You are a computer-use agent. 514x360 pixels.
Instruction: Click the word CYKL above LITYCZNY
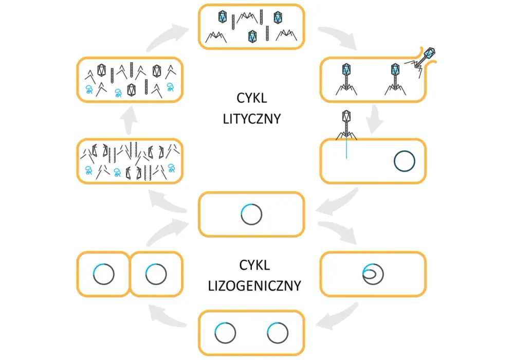(252, 98)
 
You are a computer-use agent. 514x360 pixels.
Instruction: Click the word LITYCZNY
(252, 119)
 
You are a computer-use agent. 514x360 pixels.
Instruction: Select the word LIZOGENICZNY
(255, 286)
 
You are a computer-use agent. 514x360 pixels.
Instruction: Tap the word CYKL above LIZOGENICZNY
(255, 265)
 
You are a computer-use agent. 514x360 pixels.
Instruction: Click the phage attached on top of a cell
(346, 125)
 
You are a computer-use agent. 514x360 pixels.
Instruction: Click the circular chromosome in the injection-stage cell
(405, 161)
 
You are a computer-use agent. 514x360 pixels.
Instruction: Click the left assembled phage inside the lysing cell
(346, 79)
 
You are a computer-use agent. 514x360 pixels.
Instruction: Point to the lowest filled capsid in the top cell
(252, 36)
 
